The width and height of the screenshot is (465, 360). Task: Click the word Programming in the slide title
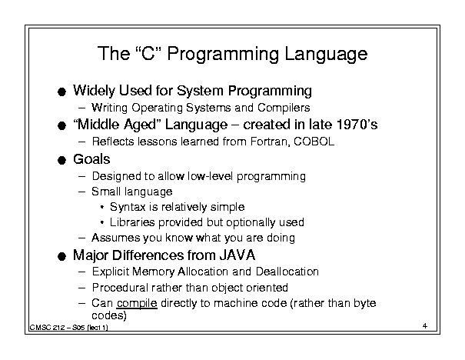223,55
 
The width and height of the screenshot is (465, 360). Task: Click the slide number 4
425,326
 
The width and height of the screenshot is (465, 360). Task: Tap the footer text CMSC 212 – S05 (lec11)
69,328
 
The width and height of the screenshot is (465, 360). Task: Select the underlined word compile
137,304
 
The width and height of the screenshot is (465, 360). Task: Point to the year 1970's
357,124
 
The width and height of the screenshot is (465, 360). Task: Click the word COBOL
314,142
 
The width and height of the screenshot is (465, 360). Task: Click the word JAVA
237,255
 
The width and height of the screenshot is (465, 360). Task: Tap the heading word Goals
91,159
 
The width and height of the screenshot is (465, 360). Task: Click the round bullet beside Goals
61,161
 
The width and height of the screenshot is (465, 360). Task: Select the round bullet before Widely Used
61,92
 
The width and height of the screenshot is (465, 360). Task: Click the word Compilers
284,108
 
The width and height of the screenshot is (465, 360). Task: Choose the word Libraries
132,222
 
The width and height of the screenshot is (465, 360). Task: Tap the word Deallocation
287,272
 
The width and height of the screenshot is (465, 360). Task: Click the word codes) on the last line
109,315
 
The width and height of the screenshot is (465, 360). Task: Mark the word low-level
211,176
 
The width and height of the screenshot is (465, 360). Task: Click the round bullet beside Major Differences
61,256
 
